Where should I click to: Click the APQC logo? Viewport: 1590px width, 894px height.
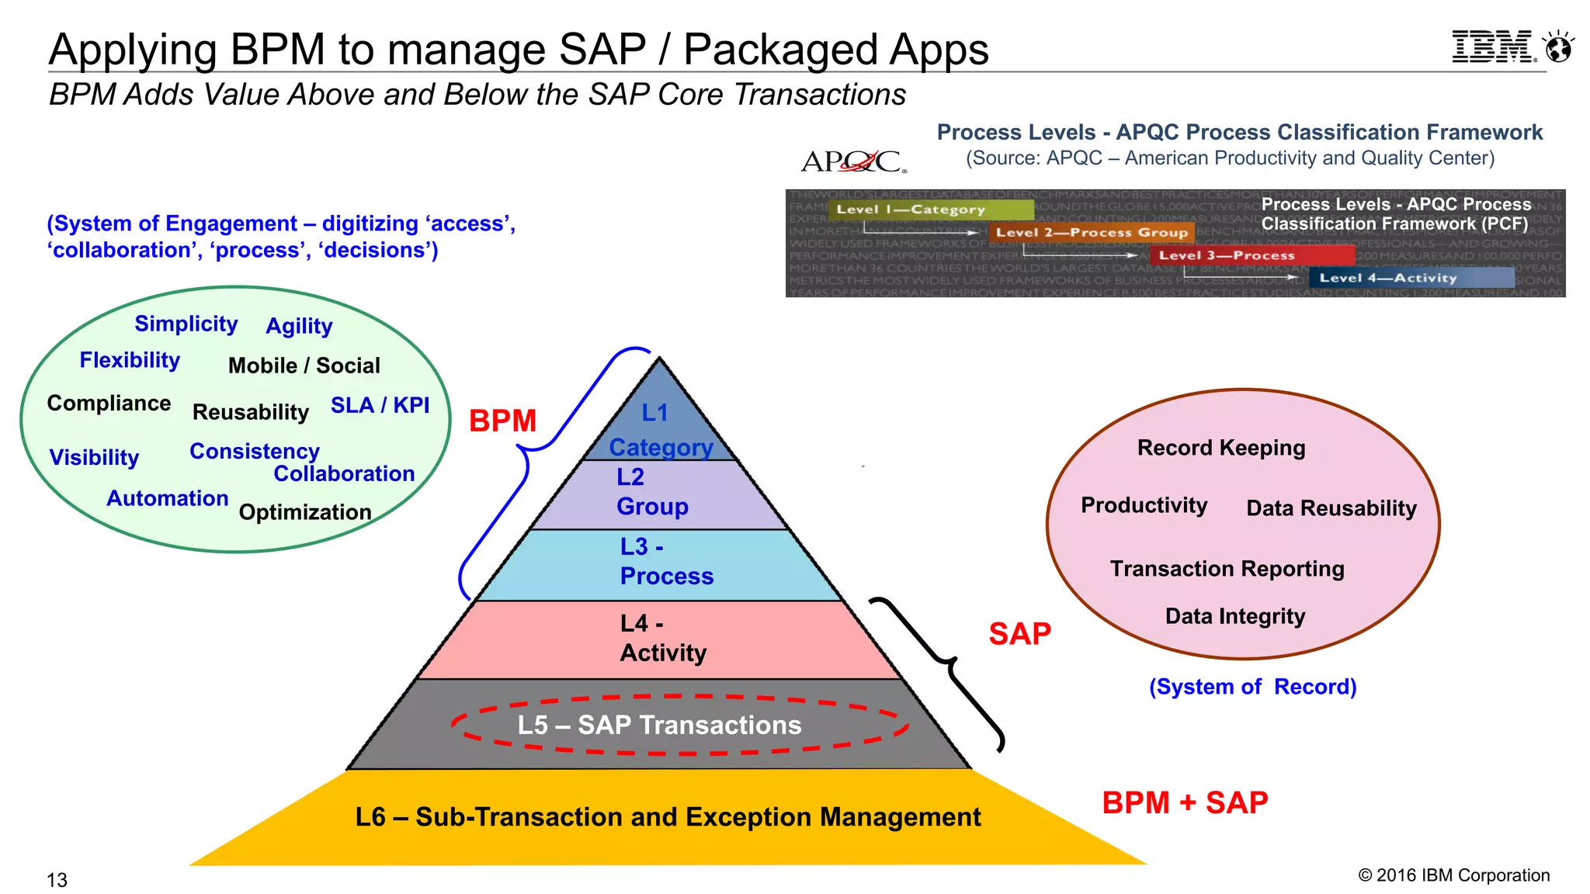click(852, 161)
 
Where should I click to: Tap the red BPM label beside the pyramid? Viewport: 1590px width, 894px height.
click(502, 421)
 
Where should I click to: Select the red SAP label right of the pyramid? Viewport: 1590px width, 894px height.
click(1019, 634)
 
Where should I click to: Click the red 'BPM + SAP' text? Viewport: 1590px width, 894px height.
click(1185, 802)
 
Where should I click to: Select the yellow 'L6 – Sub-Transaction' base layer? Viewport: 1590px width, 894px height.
click(668, 817)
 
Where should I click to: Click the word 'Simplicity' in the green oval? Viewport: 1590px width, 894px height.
click(186, 324)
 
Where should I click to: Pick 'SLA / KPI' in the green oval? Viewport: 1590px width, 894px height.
click(380, 405)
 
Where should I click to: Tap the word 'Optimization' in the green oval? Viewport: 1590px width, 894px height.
click(304, 512)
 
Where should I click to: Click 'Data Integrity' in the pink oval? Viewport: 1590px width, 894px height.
click(1234, 616)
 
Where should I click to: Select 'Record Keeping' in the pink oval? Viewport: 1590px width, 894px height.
click(1220, 448)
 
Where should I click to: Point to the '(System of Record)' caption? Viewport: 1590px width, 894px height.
click(1252, 687)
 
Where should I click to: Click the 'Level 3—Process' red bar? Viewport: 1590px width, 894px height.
click(1252, 255)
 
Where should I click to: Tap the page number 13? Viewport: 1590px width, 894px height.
click(57, 880)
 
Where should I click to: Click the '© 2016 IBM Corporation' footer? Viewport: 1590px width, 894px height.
click(1453, 875)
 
